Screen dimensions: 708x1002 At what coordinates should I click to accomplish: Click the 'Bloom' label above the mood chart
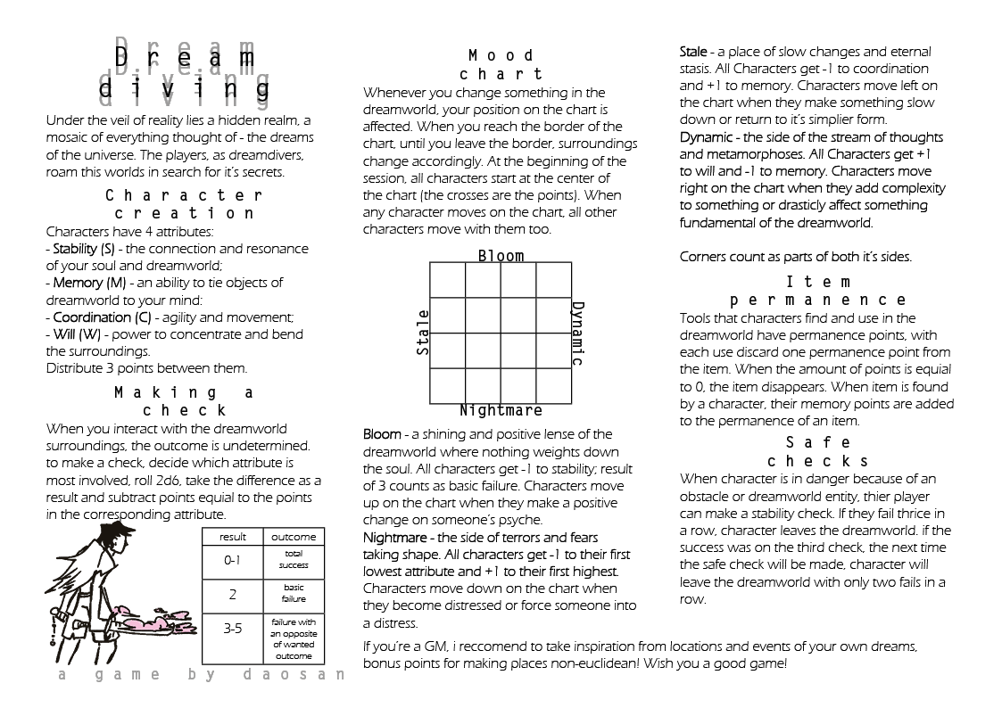click(501, 256)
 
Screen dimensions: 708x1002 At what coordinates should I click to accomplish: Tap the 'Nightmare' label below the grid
click(501, 411)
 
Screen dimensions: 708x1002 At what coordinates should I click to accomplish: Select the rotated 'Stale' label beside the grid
click(424, 333)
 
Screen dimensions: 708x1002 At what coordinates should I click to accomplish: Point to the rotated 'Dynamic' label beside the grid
click(577, 333)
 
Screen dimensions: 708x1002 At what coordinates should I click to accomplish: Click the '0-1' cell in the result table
click(232, 562)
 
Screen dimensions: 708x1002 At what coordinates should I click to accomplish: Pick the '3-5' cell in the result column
click(232, 629)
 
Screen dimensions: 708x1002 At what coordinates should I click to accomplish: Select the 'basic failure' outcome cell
click(294, 594)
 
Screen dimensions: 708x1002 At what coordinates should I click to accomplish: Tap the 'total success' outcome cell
click(294, 560)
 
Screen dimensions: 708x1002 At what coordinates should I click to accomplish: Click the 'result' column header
click(232, 537)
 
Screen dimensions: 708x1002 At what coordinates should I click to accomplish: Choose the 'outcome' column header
click(294, 537)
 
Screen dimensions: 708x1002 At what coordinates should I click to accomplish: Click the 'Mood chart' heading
click(506, 65)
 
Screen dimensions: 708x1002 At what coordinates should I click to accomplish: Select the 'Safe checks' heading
click(817, 452)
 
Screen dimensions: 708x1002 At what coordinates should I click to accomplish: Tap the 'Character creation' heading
click(185, 204)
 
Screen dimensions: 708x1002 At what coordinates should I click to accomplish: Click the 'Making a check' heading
click(185, 401)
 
